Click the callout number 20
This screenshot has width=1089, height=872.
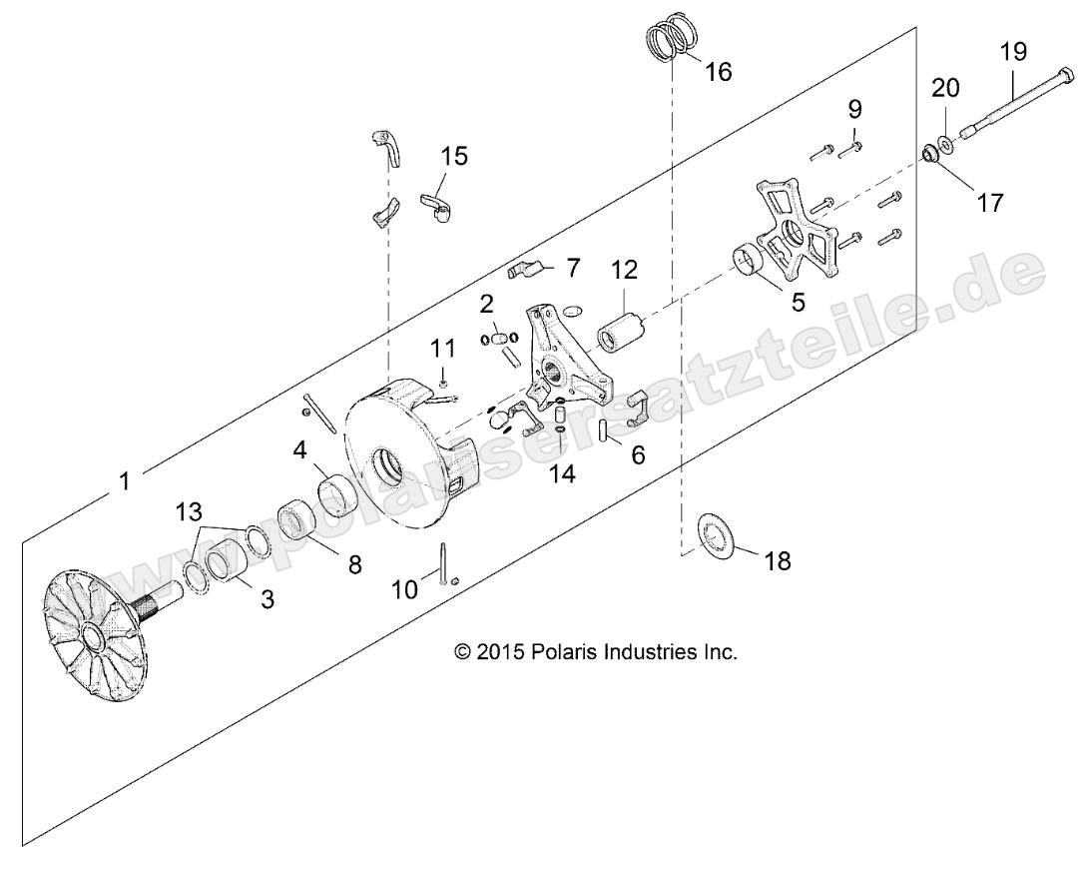(946, 88)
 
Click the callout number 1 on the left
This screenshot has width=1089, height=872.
(124, 480)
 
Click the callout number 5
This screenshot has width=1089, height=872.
(798, 301)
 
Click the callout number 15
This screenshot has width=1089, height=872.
(453, 157)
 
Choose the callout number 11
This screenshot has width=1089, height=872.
(442, 349)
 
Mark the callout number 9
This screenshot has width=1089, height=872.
(854, 108)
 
